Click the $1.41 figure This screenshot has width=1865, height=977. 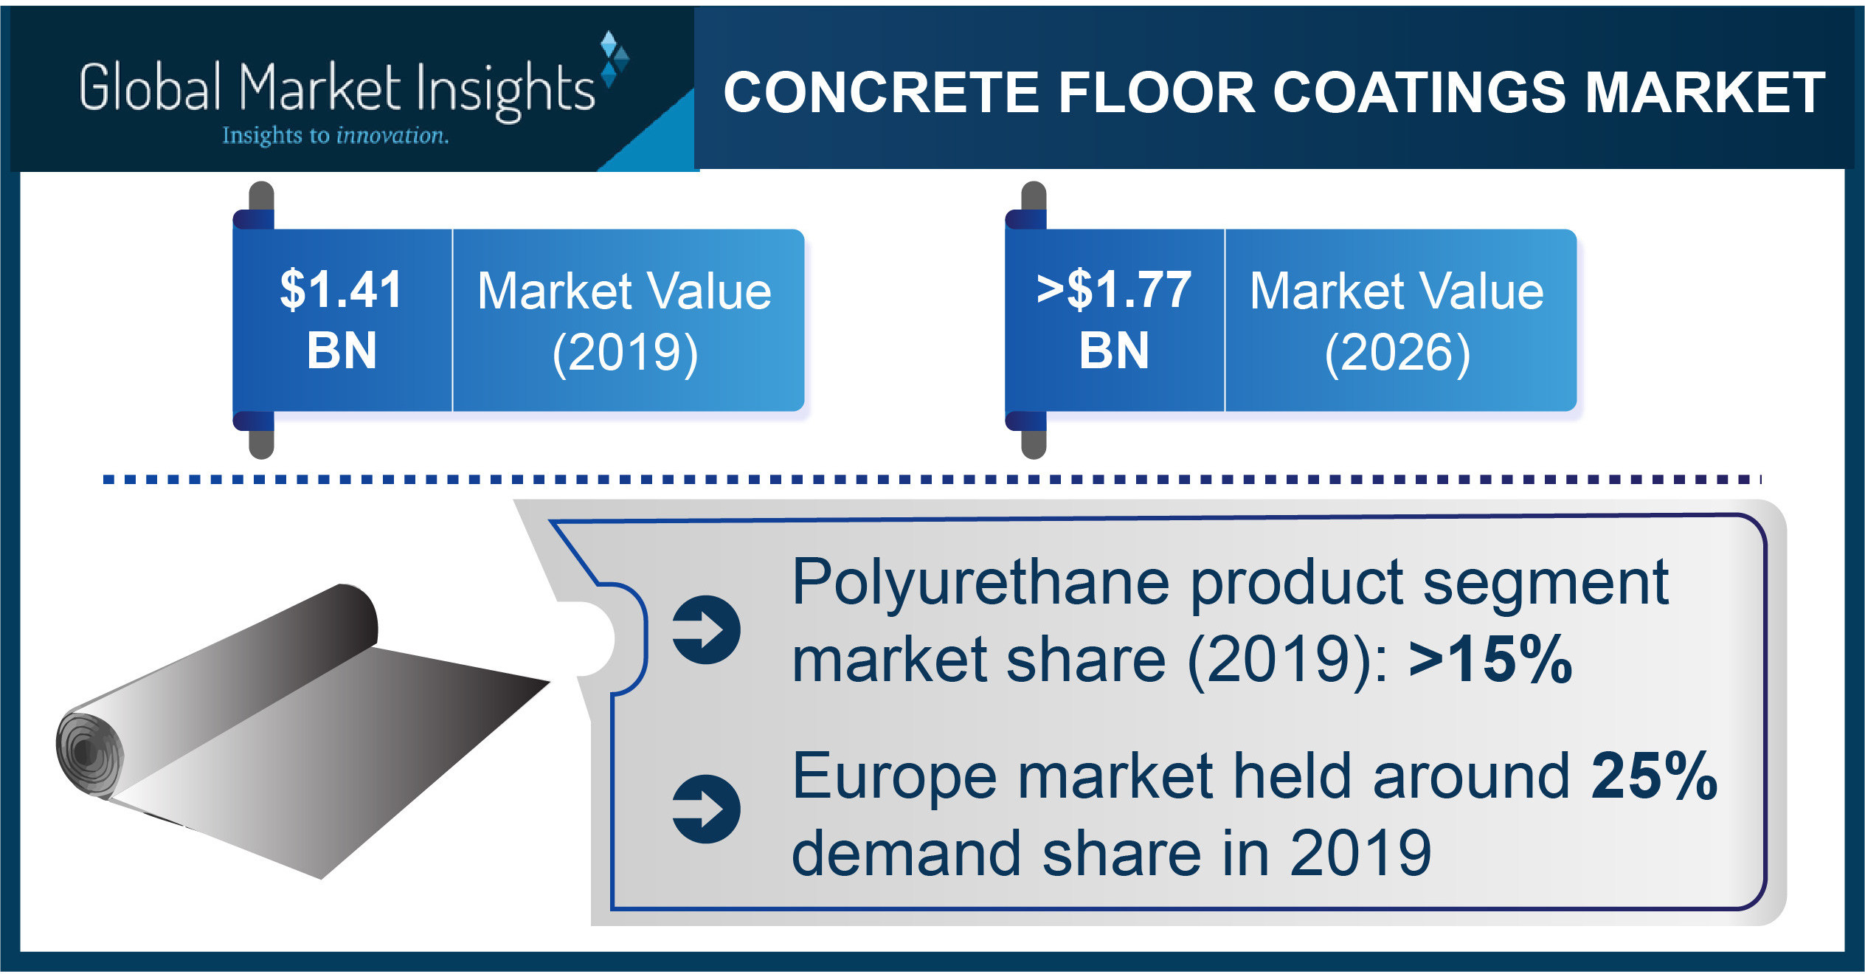[x=341, y=289]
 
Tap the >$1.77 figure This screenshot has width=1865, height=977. [x=1113, y=289]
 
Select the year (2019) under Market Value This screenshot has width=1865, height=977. [x=625, y=353]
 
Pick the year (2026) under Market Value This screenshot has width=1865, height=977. [x=1397, y=353]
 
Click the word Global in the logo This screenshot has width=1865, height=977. [x=150, y=88]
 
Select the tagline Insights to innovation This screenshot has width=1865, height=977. [x=335, y=136]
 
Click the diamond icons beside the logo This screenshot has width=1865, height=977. [x=613, y=59]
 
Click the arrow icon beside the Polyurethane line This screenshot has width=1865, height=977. [x=706, y=629]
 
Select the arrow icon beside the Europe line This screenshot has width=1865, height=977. [x=706, y=809]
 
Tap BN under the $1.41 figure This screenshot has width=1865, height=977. [x=342, y=351]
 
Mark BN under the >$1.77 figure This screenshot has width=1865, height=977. [x=1114, y=351]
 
